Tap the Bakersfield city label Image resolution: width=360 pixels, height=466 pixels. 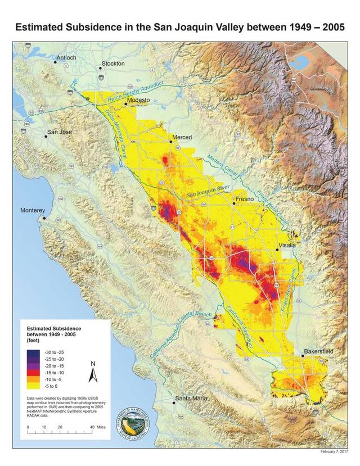[x=319, y=351]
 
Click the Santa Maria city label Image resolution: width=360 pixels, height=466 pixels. [x=190, y=399]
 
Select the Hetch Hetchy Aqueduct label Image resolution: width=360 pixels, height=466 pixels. [x=131, y=91]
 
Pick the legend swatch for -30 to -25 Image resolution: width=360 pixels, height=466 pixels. [x=30, y=351]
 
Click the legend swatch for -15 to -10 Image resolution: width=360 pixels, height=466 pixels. [x=30, y=373]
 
